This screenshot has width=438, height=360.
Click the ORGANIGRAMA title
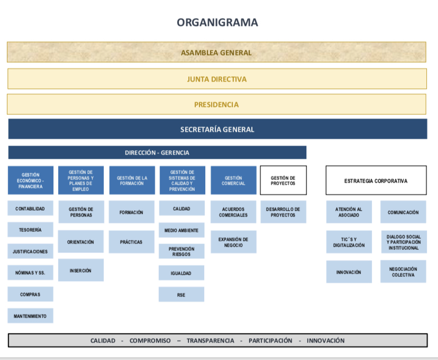click(217, 22)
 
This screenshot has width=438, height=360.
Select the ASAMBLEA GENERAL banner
click(216, 52)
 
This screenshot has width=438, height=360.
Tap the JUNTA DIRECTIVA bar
click(217, 79)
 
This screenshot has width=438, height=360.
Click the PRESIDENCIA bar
click(216, 104)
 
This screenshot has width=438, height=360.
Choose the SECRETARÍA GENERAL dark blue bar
click(217, 129)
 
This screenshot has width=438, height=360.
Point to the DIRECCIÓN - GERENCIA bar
click(157, 152)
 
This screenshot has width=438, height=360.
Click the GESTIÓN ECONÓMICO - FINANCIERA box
click(31, 181)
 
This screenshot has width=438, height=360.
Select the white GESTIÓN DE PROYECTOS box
click(283, 181)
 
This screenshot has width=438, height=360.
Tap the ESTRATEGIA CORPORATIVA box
click(376, 181)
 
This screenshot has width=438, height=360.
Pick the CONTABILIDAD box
click(31, 209)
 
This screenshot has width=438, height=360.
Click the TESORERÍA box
click(31, 230)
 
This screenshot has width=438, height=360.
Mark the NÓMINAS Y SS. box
click(31, 273)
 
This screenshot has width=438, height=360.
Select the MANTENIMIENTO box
click(31, 316)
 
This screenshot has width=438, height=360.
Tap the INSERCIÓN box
click(80, 271)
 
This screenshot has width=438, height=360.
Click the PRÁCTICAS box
click(131, 242)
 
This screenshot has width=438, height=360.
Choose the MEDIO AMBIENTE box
click(181, 230)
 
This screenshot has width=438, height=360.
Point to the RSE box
click(181, 295)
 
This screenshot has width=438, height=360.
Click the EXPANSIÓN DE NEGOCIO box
click(233, 242)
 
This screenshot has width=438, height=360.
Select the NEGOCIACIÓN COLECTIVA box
click(403, 272)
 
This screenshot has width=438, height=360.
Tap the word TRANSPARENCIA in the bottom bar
click(210, 340)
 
